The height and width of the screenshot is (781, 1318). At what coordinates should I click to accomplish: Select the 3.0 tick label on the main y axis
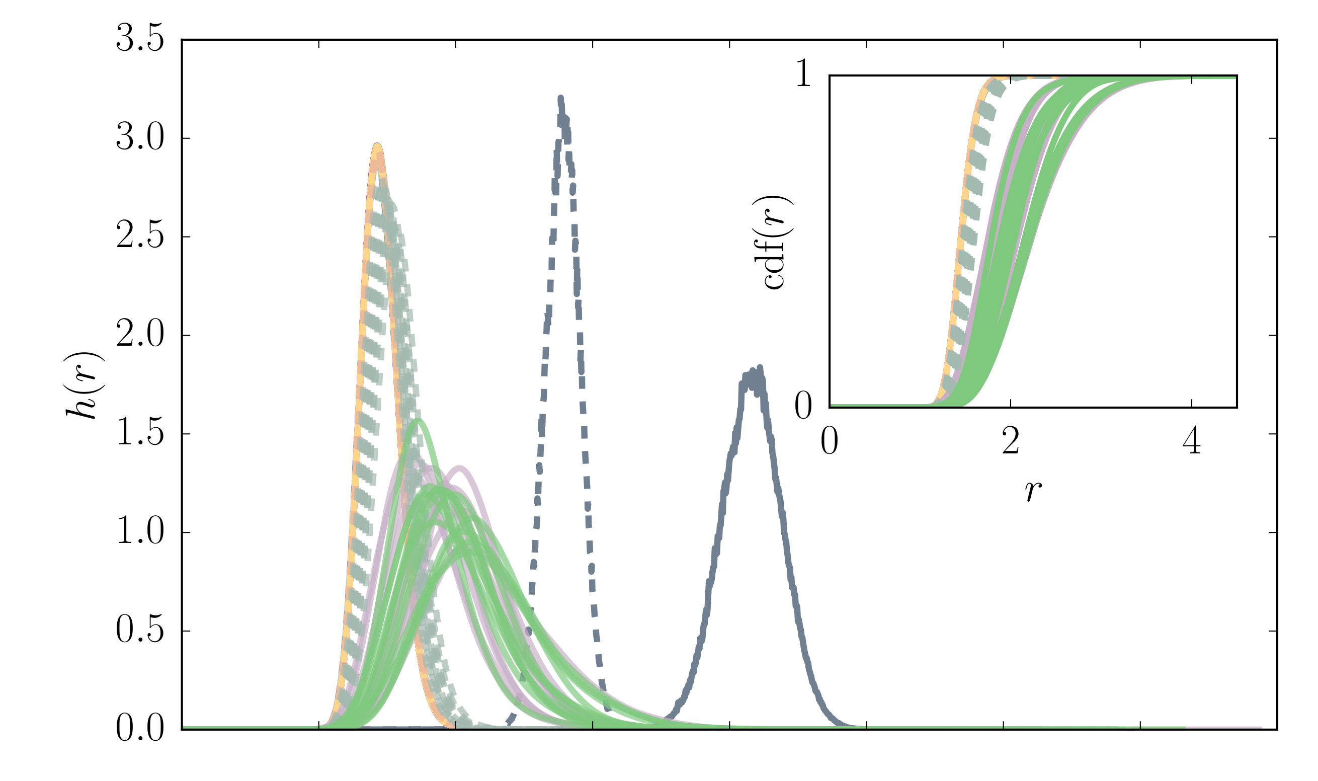coord(139,139)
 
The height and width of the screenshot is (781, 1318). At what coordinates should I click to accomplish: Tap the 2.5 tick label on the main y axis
coord(139,238)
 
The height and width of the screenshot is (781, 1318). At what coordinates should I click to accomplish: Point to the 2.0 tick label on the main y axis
coord(139,336)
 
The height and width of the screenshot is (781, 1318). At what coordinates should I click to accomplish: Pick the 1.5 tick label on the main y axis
coord(139,434)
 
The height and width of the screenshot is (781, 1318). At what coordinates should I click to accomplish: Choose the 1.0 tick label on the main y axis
coord(139,532)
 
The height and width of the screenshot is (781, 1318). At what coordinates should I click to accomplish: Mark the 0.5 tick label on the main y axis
coord(139,631)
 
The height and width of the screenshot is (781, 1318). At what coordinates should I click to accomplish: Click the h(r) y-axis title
coord(84,385)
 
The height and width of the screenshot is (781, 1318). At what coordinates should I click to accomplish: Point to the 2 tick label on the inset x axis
coord(1010,441)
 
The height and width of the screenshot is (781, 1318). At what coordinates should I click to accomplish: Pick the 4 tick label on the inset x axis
coord(1191,441)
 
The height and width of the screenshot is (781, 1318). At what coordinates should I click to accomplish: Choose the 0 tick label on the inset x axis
coord(830,441)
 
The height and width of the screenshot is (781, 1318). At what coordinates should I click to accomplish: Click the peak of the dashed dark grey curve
coord(560,98)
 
